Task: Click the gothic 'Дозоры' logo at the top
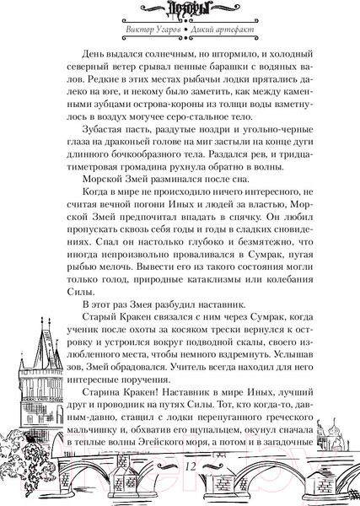(x=180, y=12)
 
